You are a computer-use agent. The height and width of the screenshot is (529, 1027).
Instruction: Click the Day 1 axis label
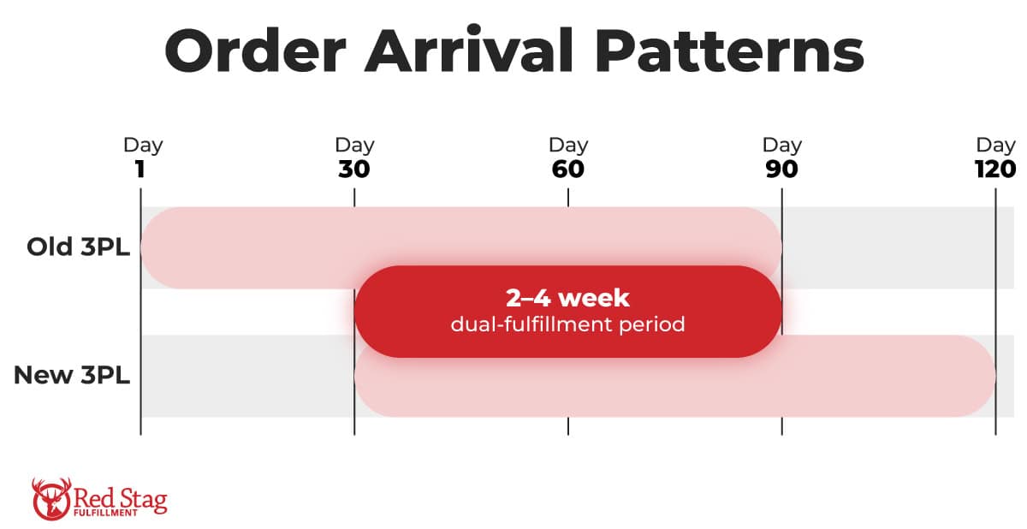point(141,158)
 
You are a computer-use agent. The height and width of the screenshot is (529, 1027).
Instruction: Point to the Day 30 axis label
point(354,158)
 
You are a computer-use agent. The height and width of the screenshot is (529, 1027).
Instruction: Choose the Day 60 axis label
point(567,158)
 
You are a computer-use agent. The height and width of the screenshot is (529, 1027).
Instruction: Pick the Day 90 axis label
point(781,158)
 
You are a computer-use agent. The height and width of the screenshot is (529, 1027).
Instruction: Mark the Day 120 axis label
point(994,158)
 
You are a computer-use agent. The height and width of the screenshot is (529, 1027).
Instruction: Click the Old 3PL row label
point(78,247)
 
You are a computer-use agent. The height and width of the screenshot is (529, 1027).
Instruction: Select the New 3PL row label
point(72,375)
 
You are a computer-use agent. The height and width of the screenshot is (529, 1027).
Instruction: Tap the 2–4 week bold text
point(567,298)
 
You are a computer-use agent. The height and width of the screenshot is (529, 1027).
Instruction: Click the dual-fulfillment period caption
point(567,325)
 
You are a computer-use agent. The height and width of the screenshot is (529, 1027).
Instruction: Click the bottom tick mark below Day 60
point(567,426)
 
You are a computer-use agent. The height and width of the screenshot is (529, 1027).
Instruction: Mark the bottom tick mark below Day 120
point(994,426)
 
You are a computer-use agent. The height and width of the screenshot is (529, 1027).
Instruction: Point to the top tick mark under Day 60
point(567,198)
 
